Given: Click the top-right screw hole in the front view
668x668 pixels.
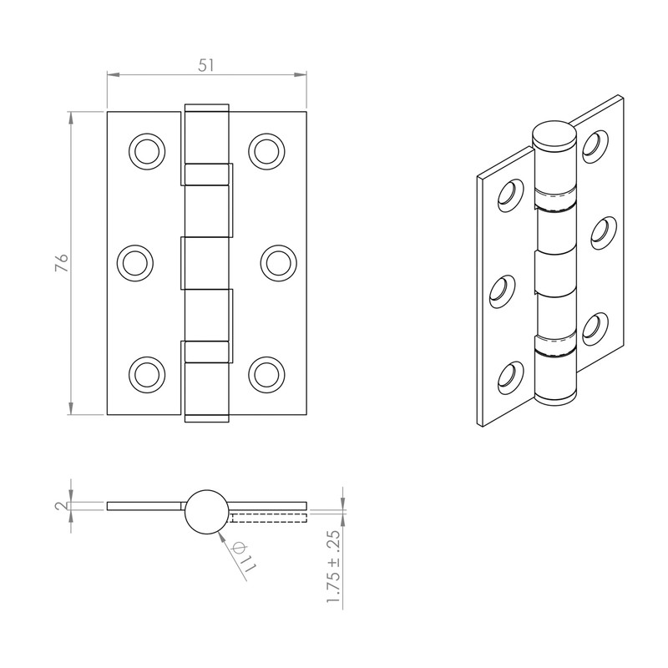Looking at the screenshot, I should point(266,150).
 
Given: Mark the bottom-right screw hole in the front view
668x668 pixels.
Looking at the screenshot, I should point(266,372).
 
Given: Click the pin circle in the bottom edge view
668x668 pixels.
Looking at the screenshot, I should point(205,511).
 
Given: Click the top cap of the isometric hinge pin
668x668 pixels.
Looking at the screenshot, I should point(554,133).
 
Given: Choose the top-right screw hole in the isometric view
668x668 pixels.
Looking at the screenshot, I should point(595,144).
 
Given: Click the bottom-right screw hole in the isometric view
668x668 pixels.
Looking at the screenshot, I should point(595,327).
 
